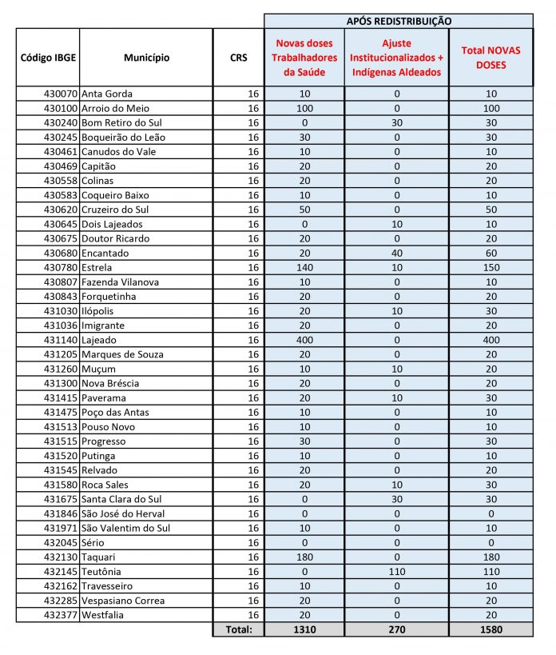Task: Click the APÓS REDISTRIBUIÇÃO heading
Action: [398, 21]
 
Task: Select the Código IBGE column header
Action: [47, 58]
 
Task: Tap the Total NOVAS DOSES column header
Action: [490, 58]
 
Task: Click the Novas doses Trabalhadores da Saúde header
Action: [304, 58]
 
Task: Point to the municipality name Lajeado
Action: [100, 340]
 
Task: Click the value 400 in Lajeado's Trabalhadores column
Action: [304, 340]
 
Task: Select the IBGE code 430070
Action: [62, 94]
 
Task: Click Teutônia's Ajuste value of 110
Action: [397, 572]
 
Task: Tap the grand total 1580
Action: [490, 629]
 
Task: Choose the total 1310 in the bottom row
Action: [304, 629]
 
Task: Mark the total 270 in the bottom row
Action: [397, 629]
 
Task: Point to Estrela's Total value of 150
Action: [490, 267]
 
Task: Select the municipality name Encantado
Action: [105, 253]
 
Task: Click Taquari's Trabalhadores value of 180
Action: [304, 557]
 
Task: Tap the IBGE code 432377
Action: [62, 615]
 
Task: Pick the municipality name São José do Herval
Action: [123, 513]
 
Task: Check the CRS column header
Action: [238, 58]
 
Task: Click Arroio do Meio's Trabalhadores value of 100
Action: [304, 108]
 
